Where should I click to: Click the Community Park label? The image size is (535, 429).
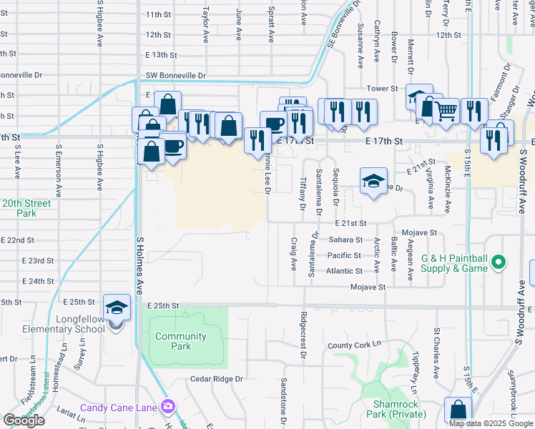[181, 341]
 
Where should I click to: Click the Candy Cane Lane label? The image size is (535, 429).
[118, 408]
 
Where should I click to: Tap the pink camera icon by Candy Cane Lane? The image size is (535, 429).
[168, 407]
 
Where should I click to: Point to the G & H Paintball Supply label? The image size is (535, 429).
[454, 262]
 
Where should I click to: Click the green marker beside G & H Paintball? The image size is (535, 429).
[501, 262]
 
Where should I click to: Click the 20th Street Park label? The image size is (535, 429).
[26, 208]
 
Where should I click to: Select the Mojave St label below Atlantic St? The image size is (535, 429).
[368, 287]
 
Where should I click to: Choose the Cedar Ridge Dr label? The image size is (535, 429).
[217, 379]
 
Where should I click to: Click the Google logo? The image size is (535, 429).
[24, 420]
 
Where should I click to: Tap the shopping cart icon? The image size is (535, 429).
[446, 110]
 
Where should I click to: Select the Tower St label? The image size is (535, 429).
[383, 88]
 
